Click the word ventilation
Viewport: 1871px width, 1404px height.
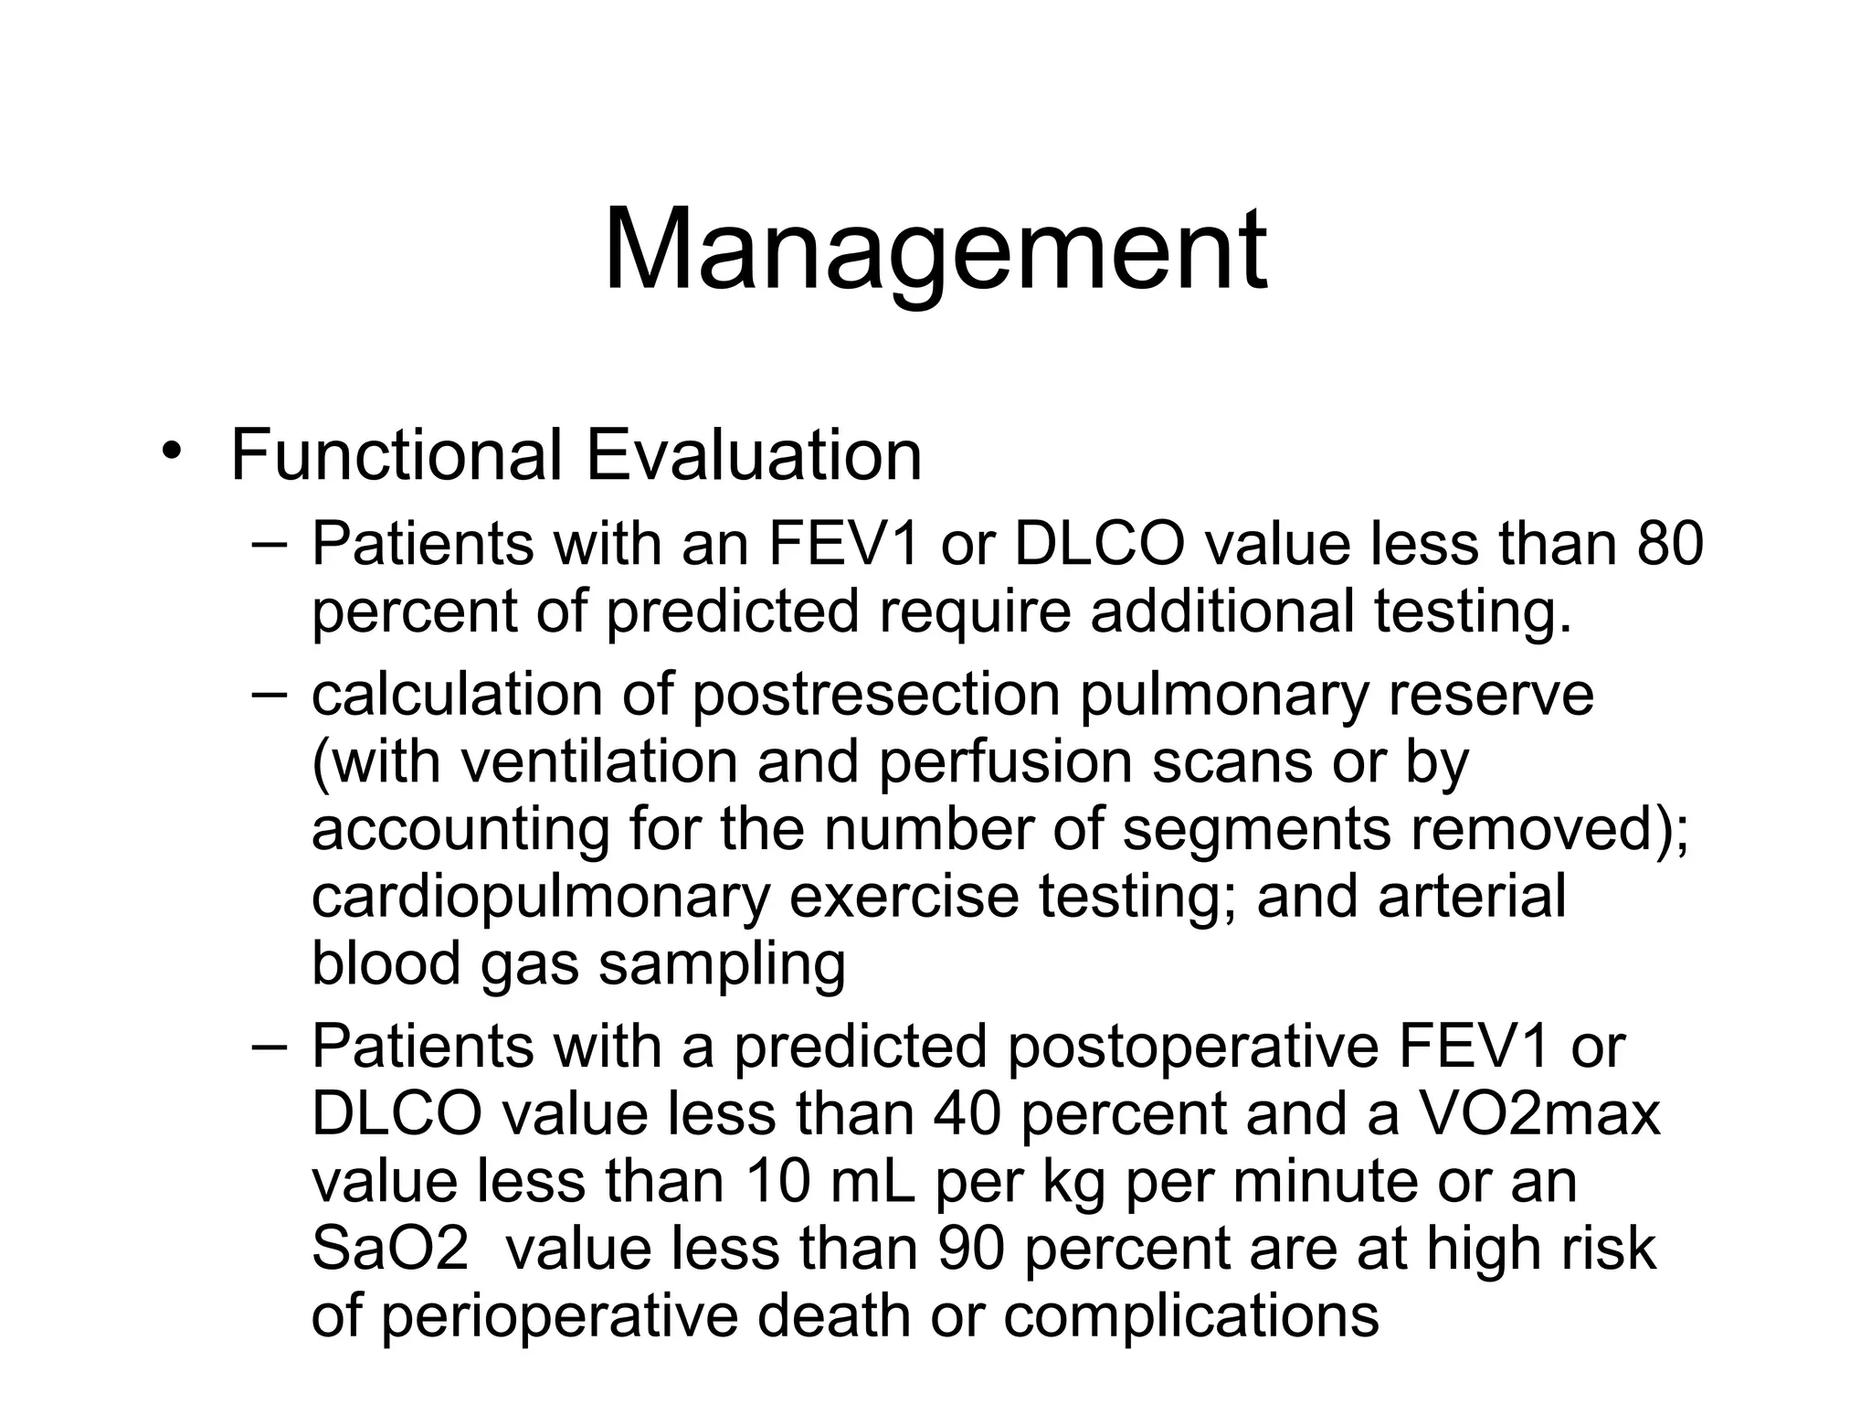(597, 761)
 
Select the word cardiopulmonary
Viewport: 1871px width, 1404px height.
(540, 897)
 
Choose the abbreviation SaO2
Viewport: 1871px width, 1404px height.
(390, 1249)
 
